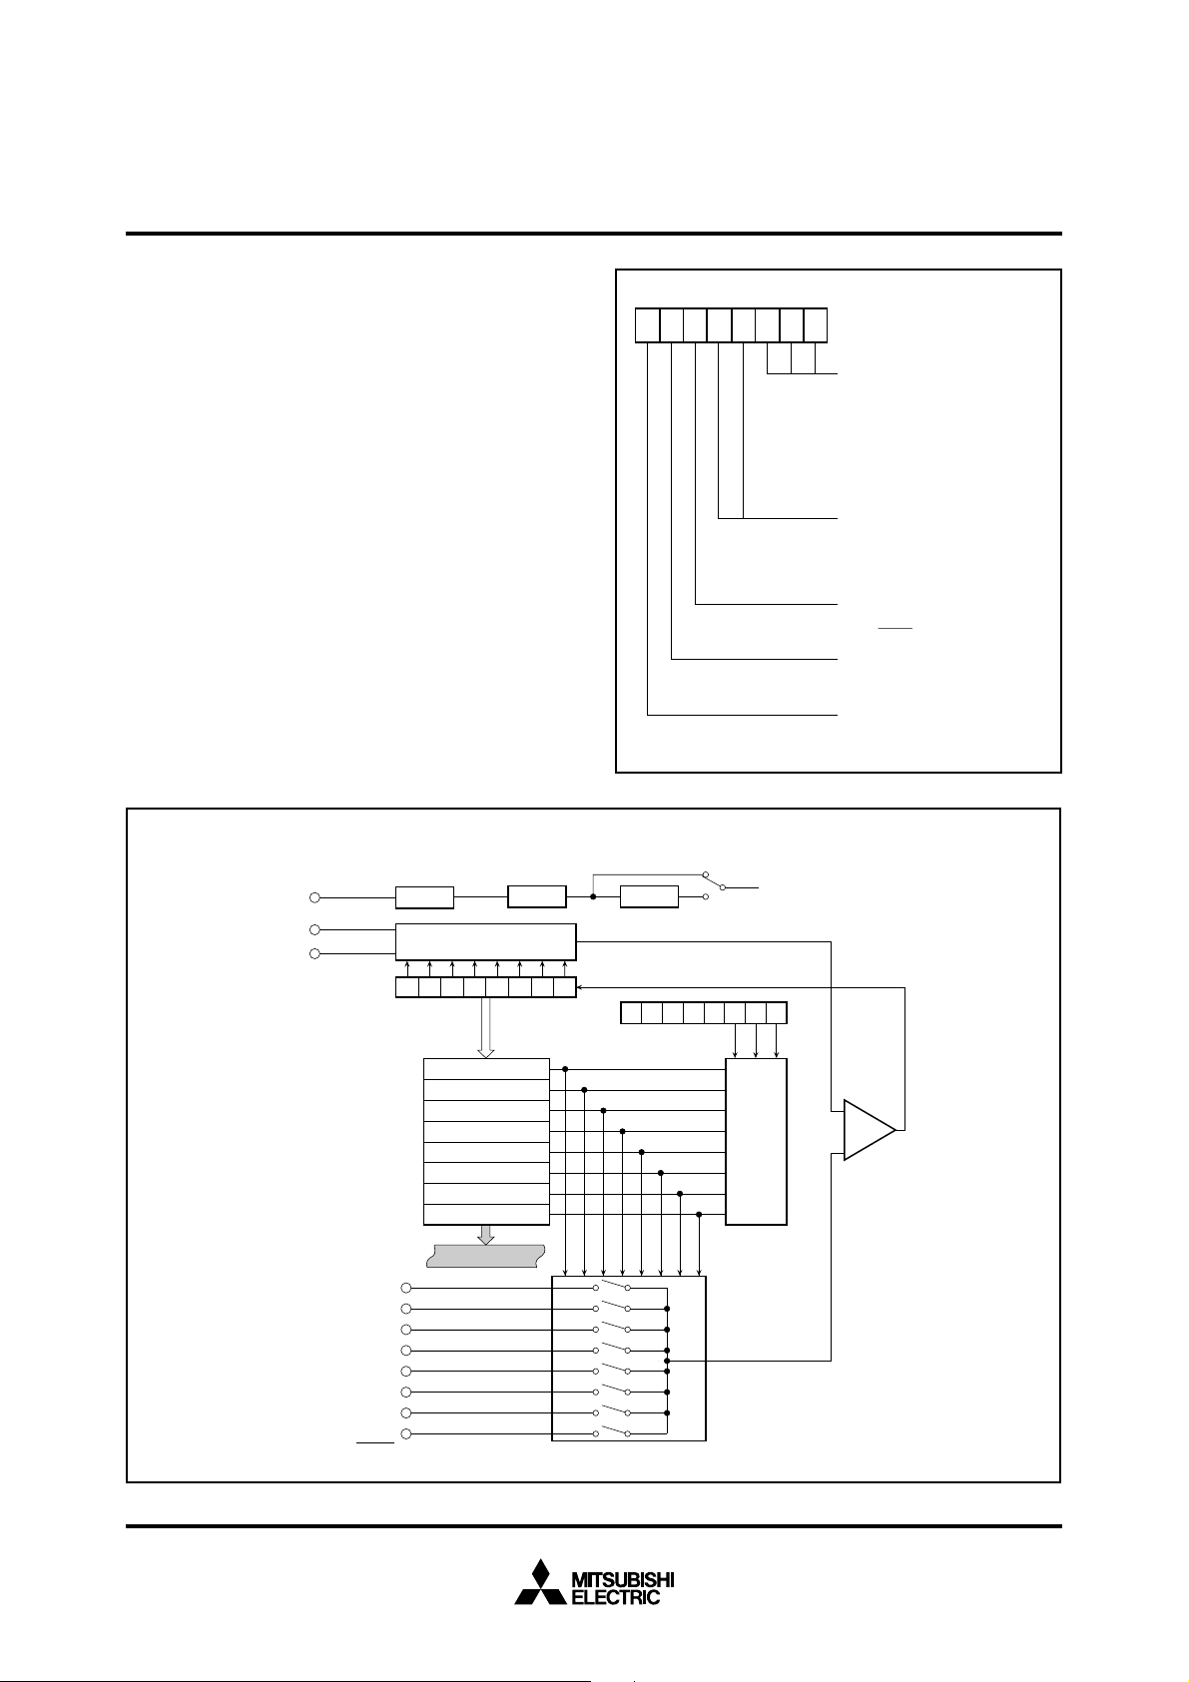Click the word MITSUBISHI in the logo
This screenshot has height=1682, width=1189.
622,1580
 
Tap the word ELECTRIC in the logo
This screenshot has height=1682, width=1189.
615,1597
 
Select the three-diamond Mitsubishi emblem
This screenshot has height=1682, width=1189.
539,1583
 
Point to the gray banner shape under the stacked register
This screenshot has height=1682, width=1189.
485,1255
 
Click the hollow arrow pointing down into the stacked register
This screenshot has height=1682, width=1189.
486,1028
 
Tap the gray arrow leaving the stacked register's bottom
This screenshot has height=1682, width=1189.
486,1235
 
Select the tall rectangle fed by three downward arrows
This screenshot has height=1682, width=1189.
756,1141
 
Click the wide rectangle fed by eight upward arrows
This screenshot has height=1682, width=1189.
485,941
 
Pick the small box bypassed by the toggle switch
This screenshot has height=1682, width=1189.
649,896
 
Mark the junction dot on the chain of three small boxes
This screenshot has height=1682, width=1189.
593,896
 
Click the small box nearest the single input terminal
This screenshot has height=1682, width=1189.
424,897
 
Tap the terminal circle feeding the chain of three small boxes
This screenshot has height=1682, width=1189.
314,897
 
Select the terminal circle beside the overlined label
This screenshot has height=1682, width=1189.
405,1434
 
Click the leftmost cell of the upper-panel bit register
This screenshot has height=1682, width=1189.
647,326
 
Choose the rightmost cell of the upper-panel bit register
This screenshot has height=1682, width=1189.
816,326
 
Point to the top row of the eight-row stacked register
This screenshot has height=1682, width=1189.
486,1069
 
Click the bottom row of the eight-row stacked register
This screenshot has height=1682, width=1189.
486,1215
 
